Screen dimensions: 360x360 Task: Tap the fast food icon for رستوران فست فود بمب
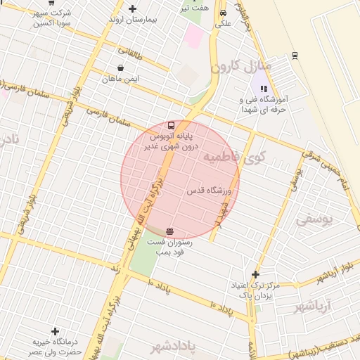click(169, 231)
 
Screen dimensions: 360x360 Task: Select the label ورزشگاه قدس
click(205, 191)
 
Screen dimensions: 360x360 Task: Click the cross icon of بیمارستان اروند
click(132, 8)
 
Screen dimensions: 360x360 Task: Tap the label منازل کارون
click(236, 67)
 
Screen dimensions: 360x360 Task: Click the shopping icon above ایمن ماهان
click(122, 68)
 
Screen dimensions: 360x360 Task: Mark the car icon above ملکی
click(223, 13)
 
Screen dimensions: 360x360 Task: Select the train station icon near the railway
click(294, 55)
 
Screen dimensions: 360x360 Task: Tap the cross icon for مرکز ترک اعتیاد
click(255, 274)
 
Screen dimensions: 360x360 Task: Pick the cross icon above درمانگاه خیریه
click(55, 331)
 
